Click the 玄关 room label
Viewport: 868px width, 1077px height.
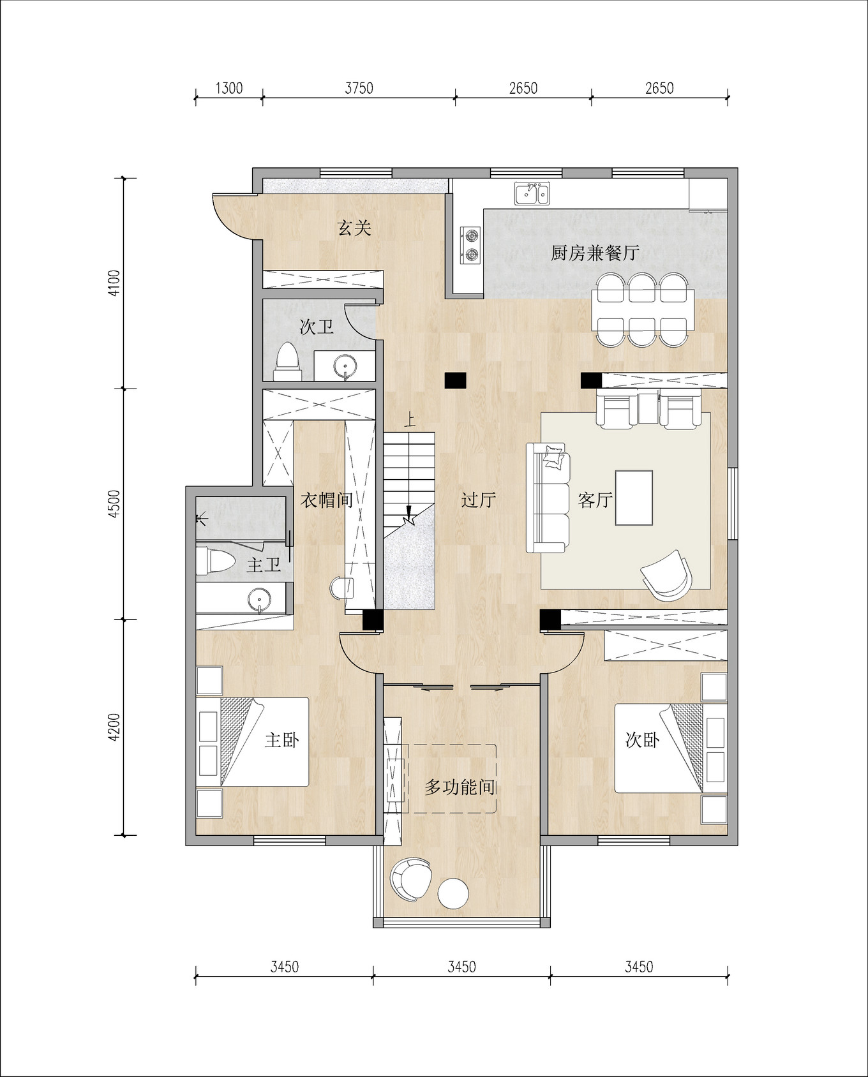pyautogui.click(x=354, y=228)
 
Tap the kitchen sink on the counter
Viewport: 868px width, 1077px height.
pyautogui.click(x=532, y=193)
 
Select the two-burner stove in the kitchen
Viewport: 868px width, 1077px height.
pyautogui.click(x=470, y=245)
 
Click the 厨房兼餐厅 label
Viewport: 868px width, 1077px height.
pyautogui.click(x=595, y=253)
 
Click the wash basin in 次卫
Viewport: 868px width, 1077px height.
pyautogui.click(x=345, y=366)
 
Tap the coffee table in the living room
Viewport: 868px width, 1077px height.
pyautogui.click(x=634, y=498)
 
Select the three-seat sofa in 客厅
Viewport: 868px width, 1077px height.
pyautogui.click(x=548, y=498)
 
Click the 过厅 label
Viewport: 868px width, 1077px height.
pyautogui.click(x=479, y=500)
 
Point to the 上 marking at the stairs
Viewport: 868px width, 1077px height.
pyautogui.click(x=410, y=420)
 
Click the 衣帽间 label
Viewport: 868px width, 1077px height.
pyautogui.click(x=326, y=500)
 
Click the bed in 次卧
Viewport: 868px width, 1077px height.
pyautogui.click(x=657, y=748)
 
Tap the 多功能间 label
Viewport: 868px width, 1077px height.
pyautogui.click(x=460, y=787)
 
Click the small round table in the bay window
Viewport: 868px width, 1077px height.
pyautogui.click(x=454, y=893)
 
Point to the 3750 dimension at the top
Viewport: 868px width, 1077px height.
pyautogui.click(x=359, y=88)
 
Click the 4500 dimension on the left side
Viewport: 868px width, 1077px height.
pyautogui.click(x=114, y=504)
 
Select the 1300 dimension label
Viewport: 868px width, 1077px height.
pyautogui.click(x=228, y=88)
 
